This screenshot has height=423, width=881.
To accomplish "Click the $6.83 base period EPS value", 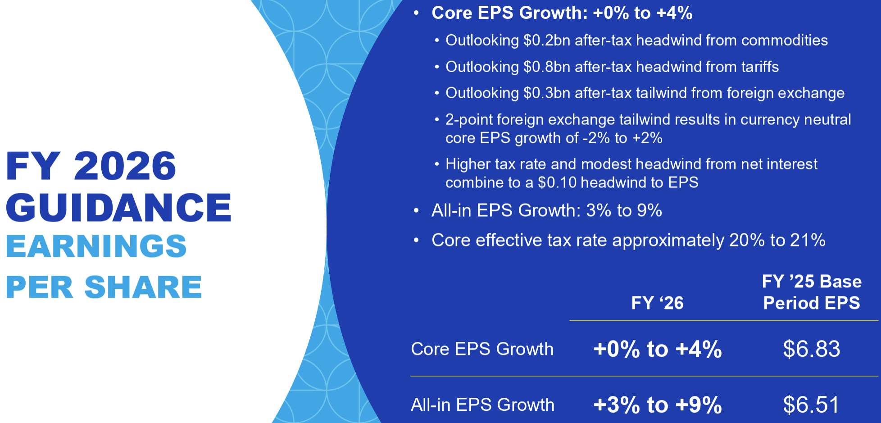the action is [812, 349].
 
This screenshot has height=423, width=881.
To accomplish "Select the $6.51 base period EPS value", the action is [812, 405].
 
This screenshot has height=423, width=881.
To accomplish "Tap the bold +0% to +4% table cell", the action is [658, 349].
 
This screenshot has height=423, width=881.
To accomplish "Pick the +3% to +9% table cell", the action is [658, 405].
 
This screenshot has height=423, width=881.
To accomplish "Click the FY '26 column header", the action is [658, 303].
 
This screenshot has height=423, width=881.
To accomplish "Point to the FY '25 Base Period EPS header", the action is [812, 292].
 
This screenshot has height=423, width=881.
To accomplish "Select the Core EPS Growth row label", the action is [482, 349].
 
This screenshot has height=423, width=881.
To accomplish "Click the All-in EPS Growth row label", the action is [482, 405].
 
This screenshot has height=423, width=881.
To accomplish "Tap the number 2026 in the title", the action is [125, 166].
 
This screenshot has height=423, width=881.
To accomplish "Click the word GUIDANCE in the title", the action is [119, 207].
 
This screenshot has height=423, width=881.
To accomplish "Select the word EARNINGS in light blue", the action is [96, 246].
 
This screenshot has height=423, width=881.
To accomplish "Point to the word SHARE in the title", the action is [143, 287].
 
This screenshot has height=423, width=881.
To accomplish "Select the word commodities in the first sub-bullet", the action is [785, 41].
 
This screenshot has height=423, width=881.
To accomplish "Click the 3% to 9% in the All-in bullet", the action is [624, 210].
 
